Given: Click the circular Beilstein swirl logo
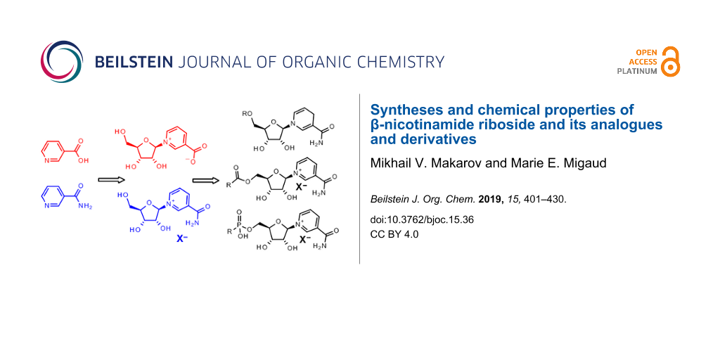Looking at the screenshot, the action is point(62,62).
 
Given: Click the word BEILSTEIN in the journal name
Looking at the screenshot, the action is point(133,62).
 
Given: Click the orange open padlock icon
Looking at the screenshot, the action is point(670,61).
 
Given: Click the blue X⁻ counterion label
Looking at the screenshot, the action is point(182,239).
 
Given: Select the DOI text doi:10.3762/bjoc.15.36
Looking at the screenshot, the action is point(422,220).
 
